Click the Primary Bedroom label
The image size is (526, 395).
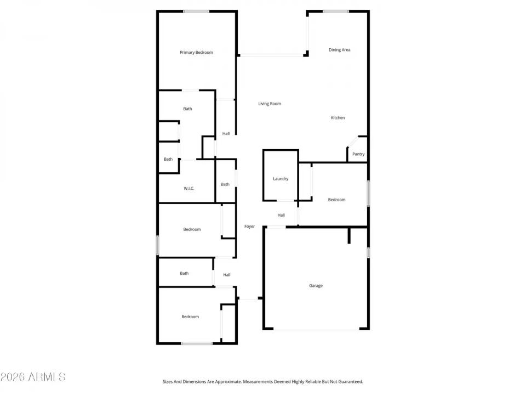196,53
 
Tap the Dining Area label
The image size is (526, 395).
339,50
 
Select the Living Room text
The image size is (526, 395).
270,104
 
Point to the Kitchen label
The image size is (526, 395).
338,118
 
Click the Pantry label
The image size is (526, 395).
358,154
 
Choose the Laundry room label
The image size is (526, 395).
281,179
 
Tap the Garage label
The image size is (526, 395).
316,286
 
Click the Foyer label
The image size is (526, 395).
249,226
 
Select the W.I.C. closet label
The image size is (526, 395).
189,189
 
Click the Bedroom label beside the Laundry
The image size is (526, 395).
336,200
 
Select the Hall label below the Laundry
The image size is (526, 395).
281,215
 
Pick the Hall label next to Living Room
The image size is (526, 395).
226,134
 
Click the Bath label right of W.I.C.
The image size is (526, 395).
225,184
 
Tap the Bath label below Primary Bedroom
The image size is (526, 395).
187,109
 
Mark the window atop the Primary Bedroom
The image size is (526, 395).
196,12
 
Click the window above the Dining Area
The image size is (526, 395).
335,12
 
